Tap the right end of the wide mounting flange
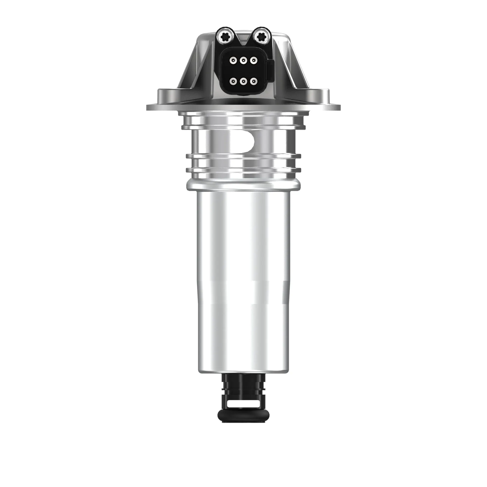click(335, 107)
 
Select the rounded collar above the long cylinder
click(243, 185)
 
